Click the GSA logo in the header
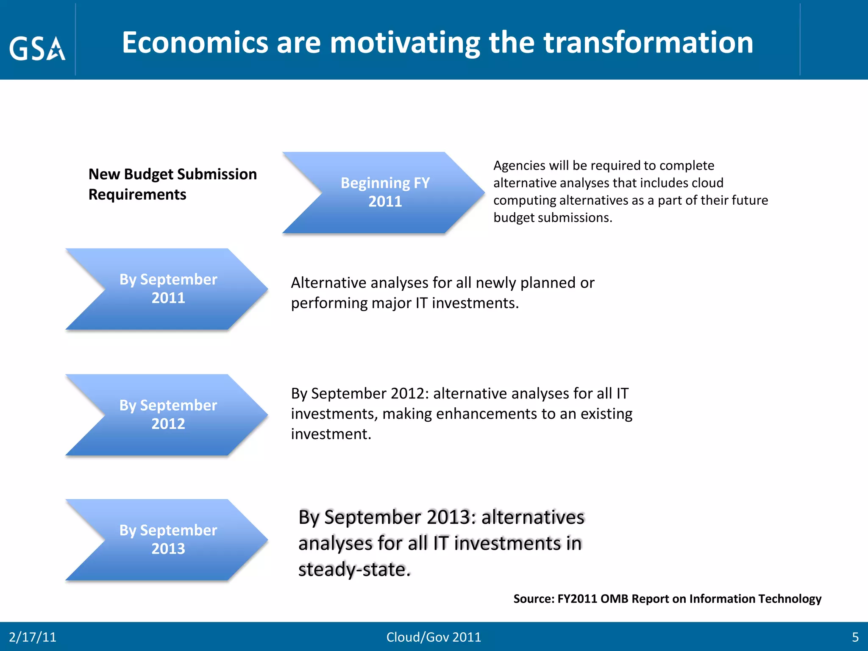click(x=37, y=48)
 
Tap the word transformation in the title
click(x=648, y=43)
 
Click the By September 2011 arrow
click(x=168, y=289)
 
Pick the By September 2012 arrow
click(x=168, y=415)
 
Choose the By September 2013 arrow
click(x=168, y=539)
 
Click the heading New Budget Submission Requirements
click(x=172, y=184)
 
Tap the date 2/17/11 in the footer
click(x=33, y=637)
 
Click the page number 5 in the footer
click(x=855, y=637)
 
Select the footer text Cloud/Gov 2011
click(x=434, y=637)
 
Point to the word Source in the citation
click(x=533, y=598)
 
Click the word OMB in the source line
click(x=614, y=598)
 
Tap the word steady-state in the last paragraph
click(x=354, y=569)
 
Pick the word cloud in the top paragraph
click(x=707, y=183)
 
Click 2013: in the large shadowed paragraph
click(x=451, y=517)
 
